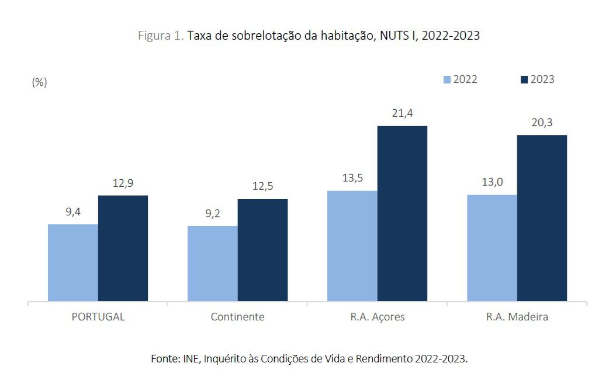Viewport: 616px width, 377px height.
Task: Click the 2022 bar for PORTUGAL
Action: coord(72,263)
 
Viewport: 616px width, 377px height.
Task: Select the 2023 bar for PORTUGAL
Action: coord(123,248)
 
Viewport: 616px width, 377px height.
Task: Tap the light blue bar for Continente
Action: coord(212,264)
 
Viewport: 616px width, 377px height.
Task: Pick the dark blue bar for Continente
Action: coord(262,250)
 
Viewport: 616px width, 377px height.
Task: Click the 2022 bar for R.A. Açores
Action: coord(352,246)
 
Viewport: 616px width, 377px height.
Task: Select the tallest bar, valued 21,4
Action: coord(402,214)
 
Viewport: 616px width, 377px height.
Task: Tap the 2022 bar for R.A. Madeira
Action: coord(492,248)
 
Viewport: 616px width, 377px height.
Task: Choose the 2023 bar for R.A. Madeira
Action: coord(542,218)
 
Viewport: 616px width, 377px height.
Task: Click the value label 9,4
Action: coord(73,212)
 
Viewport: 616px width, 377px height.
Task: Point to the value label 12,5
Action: coord(262,187)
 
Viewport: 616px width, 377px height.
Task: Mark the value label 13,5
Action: coord(352,178)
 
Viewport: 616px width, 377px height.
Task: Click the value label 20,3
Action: coord(542,123)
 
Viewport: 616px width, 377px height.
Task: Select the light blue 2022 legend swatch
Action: coord(447,79)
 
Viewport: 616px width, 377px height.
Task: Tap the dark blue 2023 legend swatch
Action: coord(524,79)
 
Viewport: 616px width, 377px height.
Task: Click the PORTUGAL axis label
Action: coord(98,317)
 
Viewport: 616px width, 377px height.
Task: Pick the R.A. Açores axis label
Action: coord(378,317)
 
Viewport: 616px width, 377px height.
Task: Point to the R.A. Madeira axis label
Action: coord(517,317)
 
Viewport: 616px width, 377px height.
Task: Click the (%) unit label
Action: coord(39,82)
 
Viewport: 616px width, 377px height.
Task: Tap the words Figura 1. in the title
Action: coord(161,36)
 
